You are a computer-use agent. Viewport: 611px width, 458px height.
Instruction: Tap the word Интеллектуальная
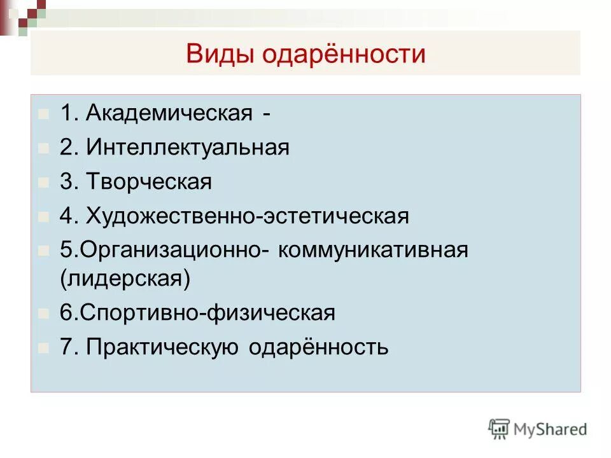[188, 148]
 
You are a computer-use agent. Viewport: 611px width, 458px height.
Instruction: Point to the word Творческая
[149, 183]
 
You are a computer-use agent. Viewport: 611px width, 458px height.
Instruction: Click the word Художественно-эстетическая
[248, 216]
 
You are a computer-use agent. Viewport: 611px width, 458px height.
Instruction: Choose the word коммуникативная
[372, 250]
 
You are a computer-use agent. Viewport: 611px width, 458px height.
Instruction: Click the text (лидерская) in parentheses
[125, 279]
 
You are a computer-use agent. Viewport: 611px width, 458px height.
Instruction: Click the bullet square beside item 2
[43, 149]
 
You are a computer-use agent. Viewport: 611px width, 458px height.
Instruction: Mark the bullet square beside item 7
[43, 348]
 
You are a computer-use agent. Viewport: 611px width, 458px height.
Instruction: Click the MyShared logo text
[551, 430]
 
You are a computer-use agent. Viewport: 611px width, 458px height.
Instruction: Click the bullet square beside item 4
[43, 217]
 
